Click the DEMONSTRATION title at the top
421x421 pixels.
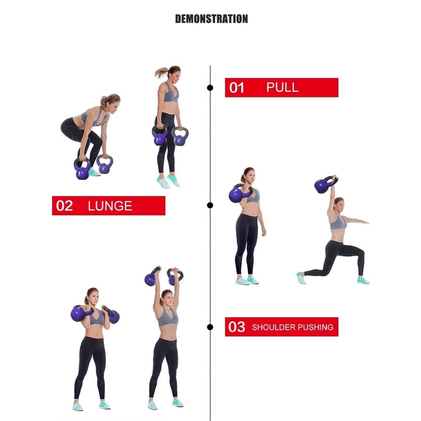coord(211,19)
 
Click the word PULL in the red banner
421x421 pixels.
coord(282,87)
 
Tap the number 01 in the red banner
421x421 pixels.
coord(237,88)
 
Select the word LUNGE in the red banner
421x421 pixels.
coord(110,206)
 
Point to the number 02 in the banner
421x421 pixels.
coord(64,206)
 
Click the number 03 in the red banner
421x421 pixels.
coord(237,327)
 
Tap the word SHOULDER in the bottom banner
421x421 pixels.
coord(273,327)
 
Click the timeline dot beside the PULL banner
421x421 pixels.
coord(210,88)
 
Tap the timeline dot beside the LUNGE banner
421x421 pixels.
coord(210,205)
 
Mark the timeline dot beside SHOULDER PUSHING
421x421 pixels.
coord(210,327)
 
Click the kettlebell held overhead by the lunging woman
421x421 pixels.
coord(323,186)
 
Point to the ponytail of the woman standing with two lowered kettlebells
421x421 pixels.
coord(161,72)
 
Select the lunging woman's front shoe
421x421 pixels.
coord(363,280)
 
